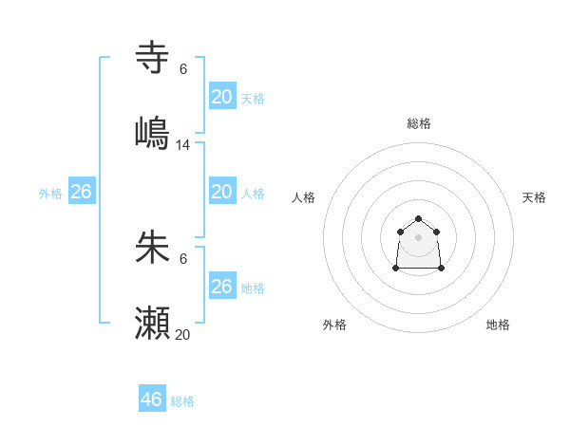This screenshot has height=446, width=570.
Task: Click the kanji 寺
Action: point(152,58)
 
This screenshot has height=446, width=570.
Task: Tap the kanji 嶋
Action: point(152,131)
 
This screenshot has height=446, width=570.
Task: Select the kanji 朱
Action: point(152,248)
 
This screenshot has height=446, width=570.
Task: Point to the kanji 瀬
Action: point(152,323)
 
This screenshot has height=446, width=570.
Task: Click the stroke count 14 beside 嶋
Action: point(183,145)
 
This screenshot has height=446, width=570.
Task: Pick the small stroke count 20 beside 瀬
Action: point(183,334)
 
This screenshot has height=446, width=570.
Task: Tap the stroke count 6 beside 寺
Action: point(183,69)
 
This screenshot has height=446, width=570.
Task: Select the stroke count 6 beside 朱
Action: point(183,259)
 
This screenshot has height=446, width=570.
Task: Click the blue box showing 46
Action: point(152,399)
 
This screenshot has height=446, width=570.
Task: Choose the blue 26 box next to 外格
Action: point(81,192)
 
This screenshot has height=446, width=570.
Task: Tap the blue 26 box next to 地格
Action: point(221,287)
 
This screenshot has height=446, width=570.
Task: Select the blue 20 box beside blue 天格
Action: point(221,97)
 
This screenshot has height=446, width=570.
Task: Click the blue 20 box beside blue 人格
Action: point(221,192)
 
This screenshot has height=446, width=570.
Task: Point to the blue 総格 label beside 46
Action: point(182,401)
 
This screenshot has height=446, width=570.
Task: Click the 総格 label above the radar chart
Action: point(419,123)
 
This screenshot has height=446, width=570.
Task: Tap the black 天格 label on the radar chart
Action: point(534,197)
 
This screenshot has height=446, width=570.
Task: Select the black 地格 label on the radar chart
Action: point(498,325)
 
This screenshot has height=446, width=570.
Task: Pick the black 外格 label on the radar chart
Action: point(334,325)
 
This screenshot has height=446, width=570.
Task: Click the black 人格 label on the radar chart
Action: point(304,197)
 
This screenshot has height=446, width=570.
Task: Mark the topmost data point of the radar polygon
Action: point(418,219)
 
